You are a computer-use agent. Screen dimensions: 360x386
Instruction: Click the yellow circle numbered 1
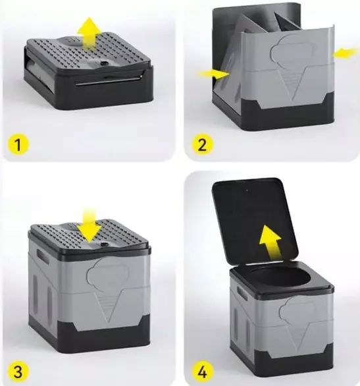pos(18,144)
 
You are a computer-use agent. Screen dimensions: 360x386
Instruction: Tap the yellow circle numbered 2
pos(202,144)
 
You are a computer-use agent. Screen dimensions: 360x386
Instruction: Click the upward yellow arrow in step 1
pos(89,32)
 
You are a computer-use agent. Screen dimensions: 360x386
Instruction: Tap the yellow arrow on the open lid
pos(270,242)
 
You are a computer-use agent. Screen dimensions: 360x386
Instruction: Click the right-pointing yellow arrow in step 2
pos(213,74)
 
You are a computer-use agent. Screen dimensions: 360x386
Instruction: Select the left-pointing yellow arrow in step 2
pos(345,53)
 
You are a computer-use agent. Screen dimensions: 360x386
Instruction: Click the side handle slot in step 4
pos(242,293)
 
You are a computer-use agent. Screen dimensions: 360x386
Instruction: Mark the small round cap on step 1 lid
pos(103,64)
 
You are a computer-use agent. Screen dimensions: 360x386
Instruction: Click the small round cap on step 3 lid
pos(103,244)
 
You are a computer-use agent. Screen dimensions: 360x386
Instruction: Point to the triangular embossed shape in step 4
pos(301,334)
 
